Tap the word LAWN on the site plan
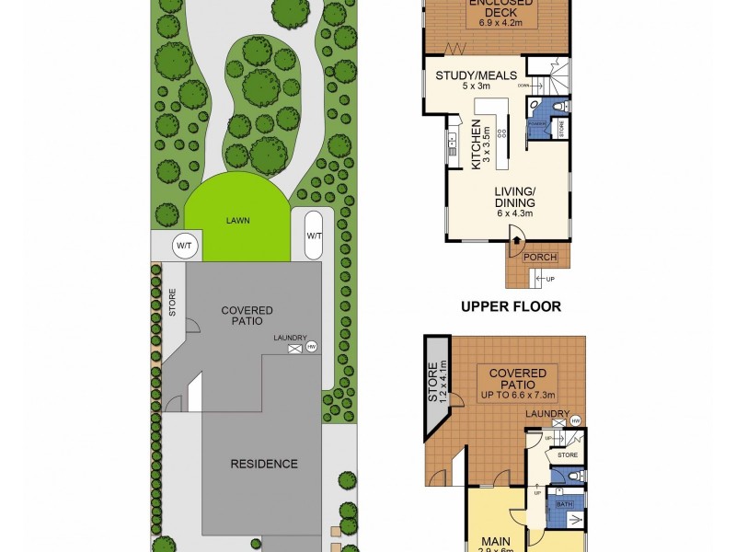click(241, 221)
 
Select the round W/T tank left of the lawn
click(185, 246)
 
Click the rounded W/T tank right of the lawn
click(314, 236)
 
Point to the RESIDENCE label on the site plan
click(264, 464)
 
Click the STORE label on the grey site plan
click(171, 305)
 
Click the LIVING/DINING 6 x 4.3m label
click(515, 201)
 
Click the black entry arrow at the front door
click(516, 242)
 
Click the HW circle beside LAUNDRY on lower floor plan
click(576, 421)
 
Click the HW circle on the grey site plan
click(312, 346)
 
